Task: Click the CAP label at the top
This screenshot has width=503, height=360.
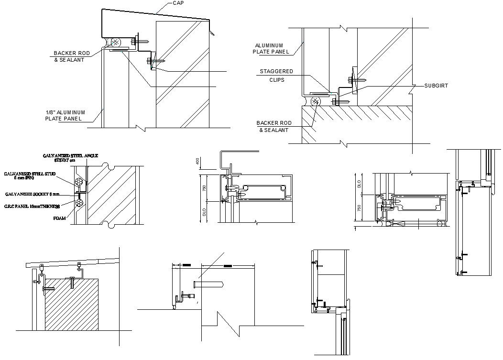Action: coord(178,3)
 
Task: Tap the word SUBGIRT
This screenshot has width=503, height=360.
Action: coord(436,86)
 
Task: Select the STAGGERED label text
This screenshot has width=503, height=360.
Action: coord(276,72)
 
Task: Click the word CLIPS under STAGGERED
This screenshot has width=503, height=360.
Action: coord(277,80)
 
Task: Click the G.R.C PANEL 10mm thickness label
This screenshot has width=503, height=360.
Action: coord(32,207)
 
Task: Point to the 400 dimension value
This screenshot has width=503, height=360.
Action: coord(197,163)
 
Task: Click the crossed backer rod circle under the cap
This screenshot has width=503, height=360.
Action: coord(115,42)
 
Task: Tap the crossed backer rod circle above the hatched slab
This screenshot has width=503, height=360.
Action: coord(316,101)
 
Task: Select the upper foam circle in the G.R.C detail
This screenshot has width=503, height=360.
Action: coord(79,182)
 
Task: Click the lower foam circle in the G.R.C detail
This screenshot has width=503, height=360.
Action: coord(79,204)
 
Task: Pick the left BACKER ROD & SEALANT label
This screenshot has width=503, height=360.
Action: coord(69,56)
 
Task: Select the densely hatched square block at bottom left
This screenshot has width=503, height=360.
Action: coord(72,304)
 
